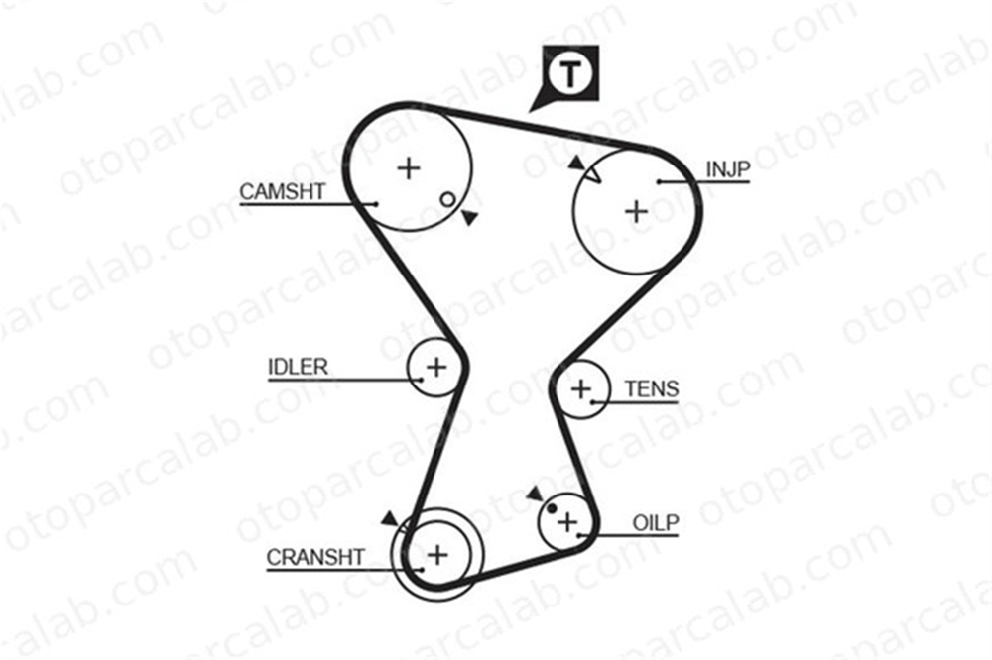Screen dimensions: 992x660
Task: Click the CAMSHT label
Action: click(282, 191)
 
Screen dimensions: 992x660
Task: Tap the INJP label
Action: click(727, 169)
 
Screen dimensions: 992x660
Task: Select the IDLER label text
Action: click(298, 367)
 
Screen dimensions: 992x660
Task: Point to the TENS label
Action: click(652, 388)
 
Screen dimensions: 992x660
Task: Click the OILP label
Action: click(656, 523)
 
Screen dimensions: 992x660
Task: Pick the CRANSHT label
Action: click(315, 558)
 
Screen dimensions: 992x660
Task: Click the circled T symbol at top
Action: click(570, 74)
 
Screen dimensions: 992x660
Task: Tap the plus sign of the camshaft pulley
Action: click(409, 168)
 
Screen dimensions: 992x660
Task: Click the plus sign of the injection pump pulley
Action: click(637, 211)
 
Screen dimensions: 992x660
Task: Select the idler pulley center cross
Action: click(436, 367)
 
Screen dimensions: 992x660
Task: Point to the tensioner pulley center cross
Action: click(580, 388)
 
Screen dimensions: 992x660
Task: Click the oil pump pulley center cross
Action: click(567, 522)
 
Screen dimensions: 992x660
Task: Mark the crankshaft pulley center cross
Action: click(437, 555)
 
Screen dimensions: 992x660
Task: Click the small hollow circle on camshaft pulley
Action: click(447, 200)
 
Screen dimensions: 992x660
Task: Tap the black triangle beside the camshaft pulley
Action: click(469, 217)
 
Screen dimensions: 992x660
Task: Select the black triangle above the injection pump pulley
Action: click(575, 163)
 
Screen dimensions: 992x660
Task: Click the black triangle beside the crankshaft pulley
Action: click(390, 518)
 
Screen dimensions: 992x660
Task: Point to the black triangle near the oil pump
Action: click(536, 494)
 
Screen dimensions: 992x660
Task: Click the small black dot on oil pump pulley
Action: click(552, 508)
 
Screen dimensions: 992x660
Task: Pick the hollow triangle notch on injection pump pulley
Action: click(592, 174)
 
